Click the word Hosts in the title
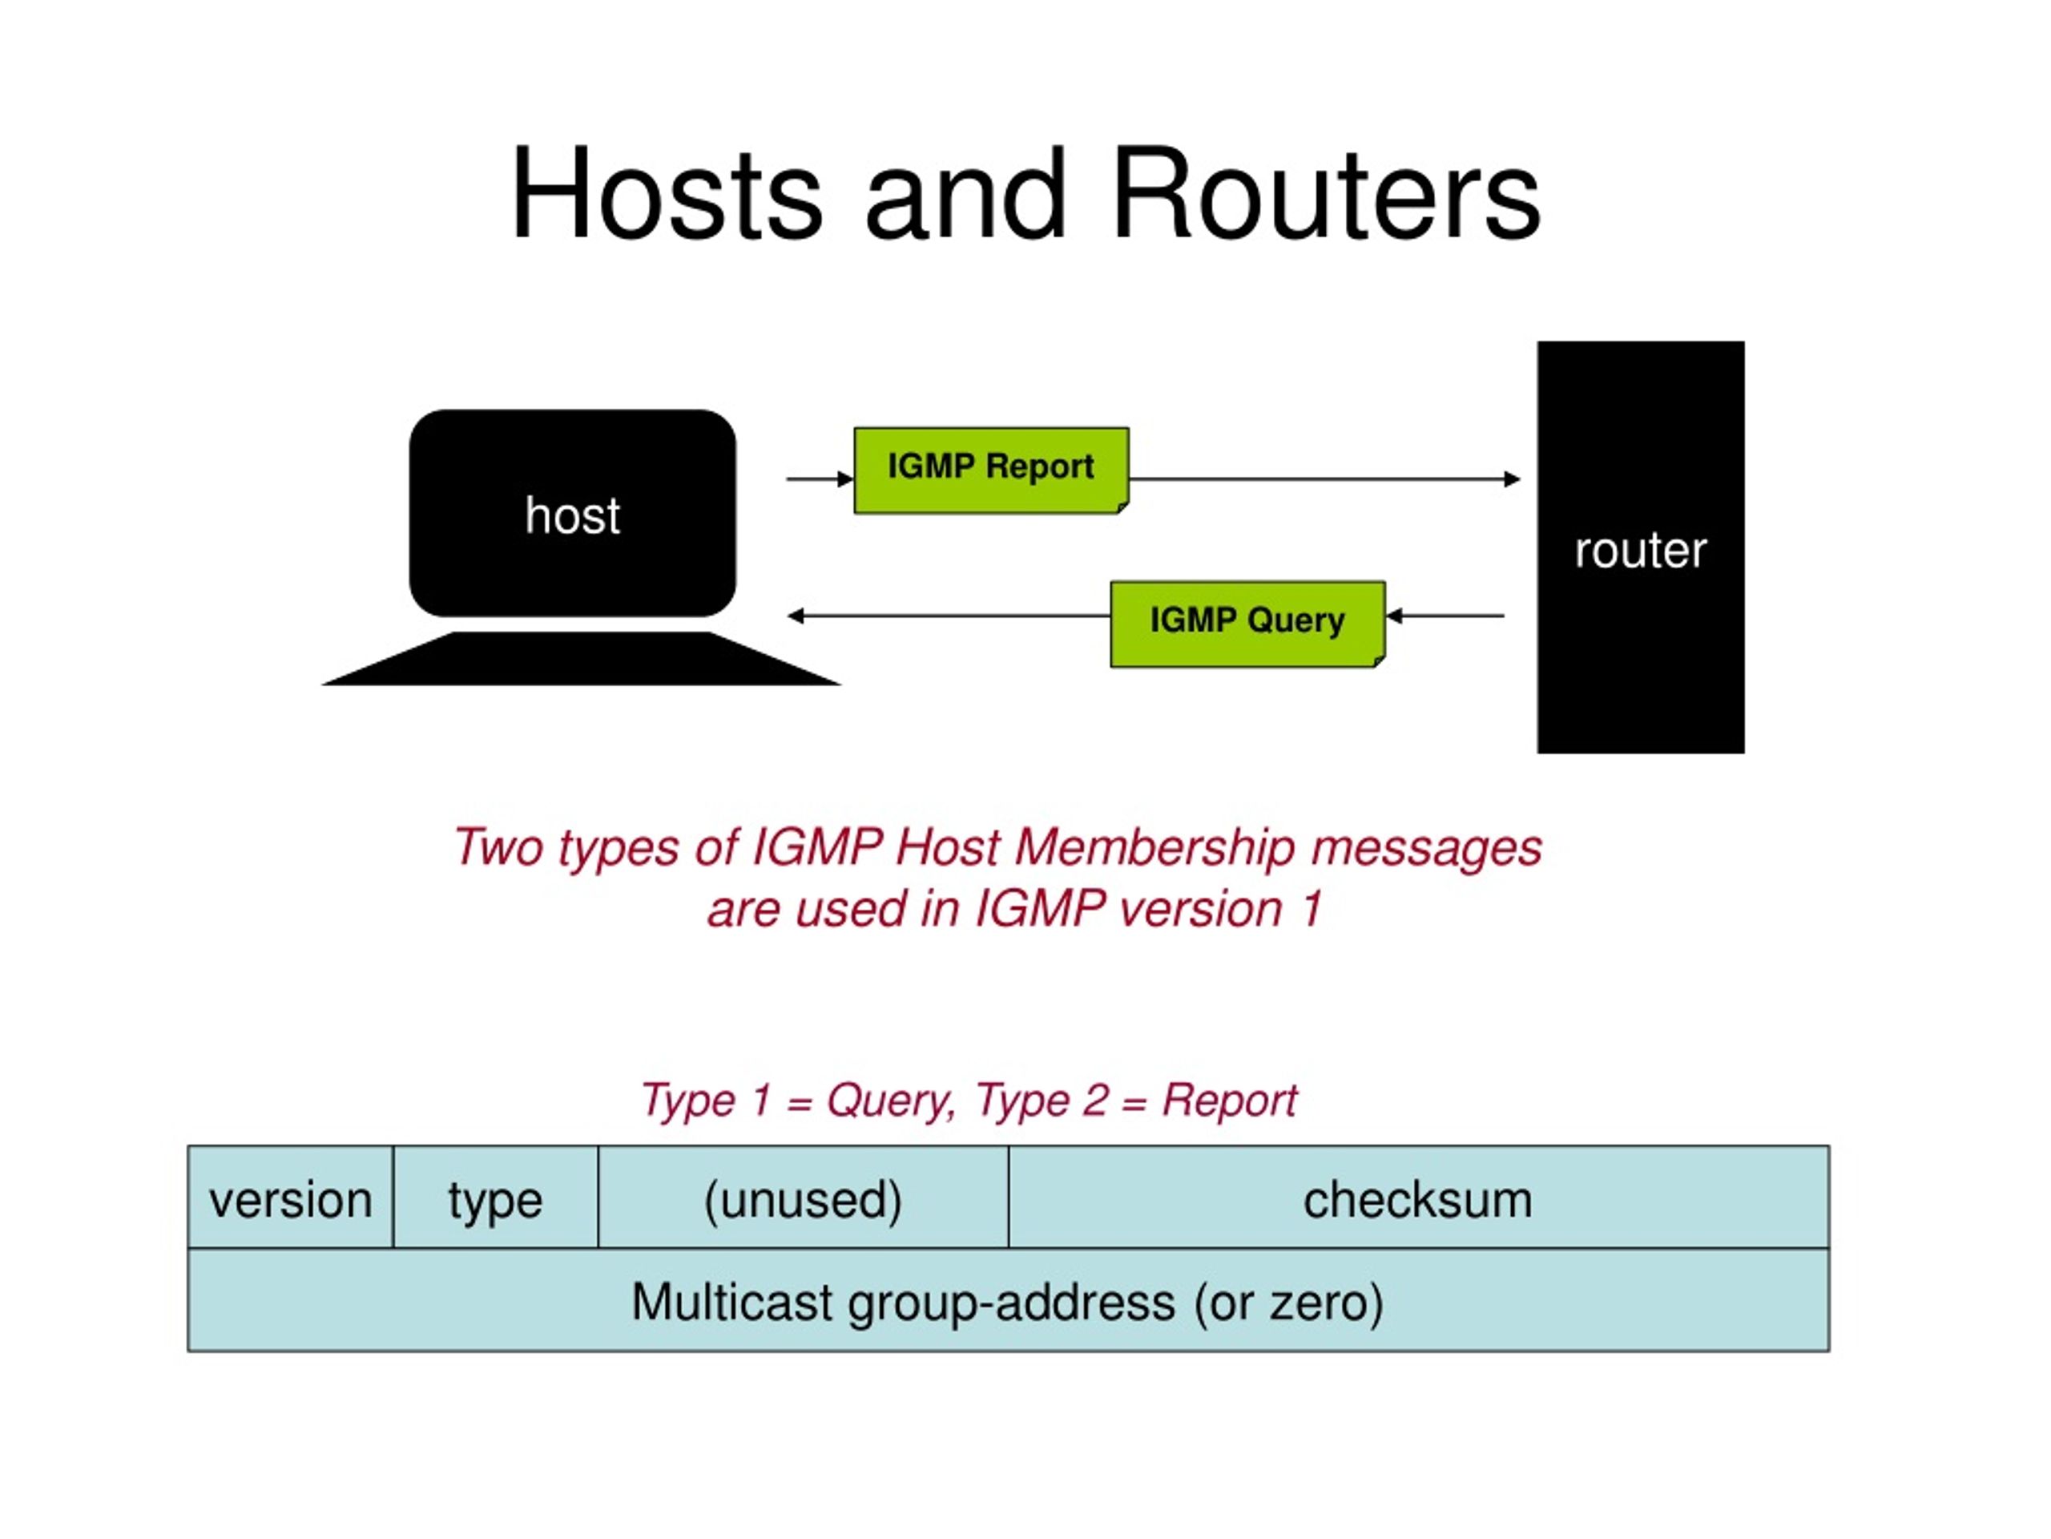666,195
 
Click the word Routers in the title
1326,195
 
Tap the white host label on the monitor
572,515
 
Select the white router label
1640,551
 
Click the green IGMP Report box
991,471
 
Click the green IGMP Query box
1248,624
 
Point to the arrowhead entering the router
1513,479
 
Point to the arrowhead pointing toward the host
796,616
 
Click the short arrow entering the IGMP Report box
820,479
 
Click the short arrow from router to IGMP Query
1445,616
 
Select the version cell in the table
290,1198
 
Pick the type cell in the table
495,1198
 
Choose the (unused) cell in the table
803,1198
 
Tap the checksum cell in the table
1419,1198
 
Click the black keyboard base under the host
582,659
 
